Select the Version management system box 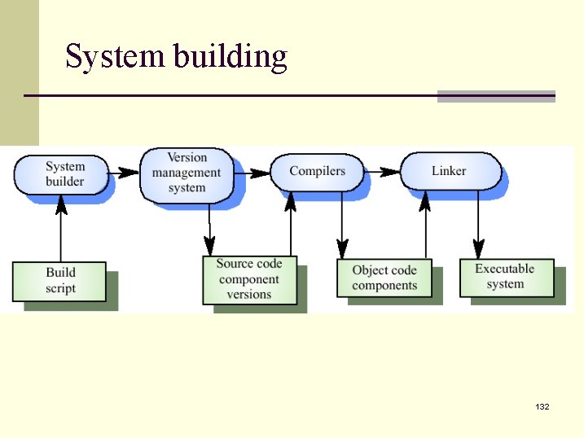(x=187, y=173)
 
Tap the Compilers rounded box (x=317, y=171)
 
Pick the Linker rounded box (x=449, y=171)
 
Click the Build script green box (x=59, y=281)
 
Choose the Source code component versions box (x=249, y=280)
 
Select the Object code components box (x=384, y=278)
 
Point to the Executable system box (x=505, y=277)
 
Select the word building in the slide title (x=231, y=57)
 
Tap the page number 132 (x=542, y=405)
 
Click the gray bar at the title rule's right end (x=496, y=96)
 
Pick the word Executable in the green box (x=505, y=269)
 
